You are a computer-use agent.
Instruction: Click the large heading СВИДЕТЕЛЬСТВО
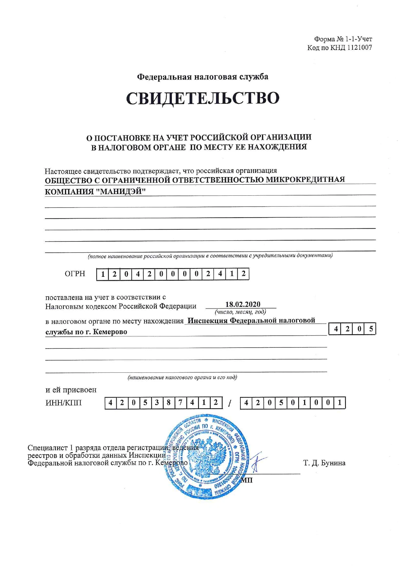[x=202, y=98]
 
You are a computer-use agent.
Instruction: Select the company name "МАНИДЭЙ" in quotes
[x=120, y=191]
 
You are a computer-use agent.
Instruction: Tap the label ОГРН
[x=75, y=274]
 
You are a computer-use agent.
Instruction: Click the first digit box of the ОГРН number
[x=103, y=274]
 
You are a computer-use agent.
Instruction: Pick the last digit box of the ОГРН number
[x=243, y=274]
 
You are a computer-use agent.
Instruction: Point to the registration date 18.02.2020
[x=243, y=304]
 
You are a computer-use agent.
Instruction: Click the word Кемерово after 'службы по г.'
[x=110, y=332]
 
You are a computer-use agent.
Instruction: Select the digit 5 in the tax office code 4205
[x=371, y=329]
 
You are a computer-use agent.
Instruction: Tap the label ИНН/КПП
[x=63, y=403]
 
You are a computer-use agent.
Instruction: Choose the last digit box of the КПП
[x=340, y=403]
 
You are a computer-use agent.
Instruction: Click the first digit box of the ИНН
[x=110, y=403]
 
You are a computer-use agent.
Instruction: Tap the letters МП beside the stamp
[x=247, y=480]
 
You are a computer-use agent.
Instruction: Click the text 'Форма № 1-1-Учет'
[x=343, y=39]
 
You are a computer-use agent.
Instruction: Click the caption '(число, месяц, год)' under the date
[x=240, y=312]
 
